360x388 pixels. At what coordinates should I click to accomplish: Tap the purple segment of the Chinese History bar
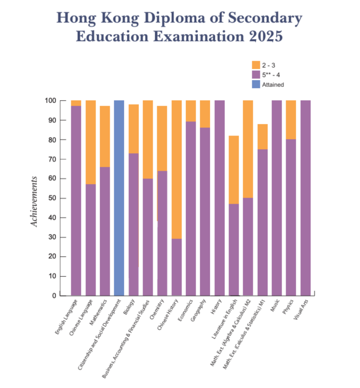[x=177, y=267]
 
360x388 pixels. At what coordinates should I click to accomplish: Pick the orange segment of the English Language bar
[x=76, y=103]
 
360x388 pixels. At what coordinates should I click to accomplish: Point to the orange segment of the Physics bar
[x=291, y=120]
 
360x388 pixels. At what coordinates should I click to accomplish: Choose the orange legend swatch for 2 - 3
[x=256, y=65]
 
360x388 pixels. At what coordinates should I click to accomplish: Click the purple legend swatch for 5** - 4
[x=256, y=75]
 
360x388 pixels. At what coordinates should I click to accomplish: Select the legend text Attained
[x=273, y=85]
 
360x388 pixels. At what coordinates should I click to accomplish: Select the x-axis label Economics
[x=185, y=309]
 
